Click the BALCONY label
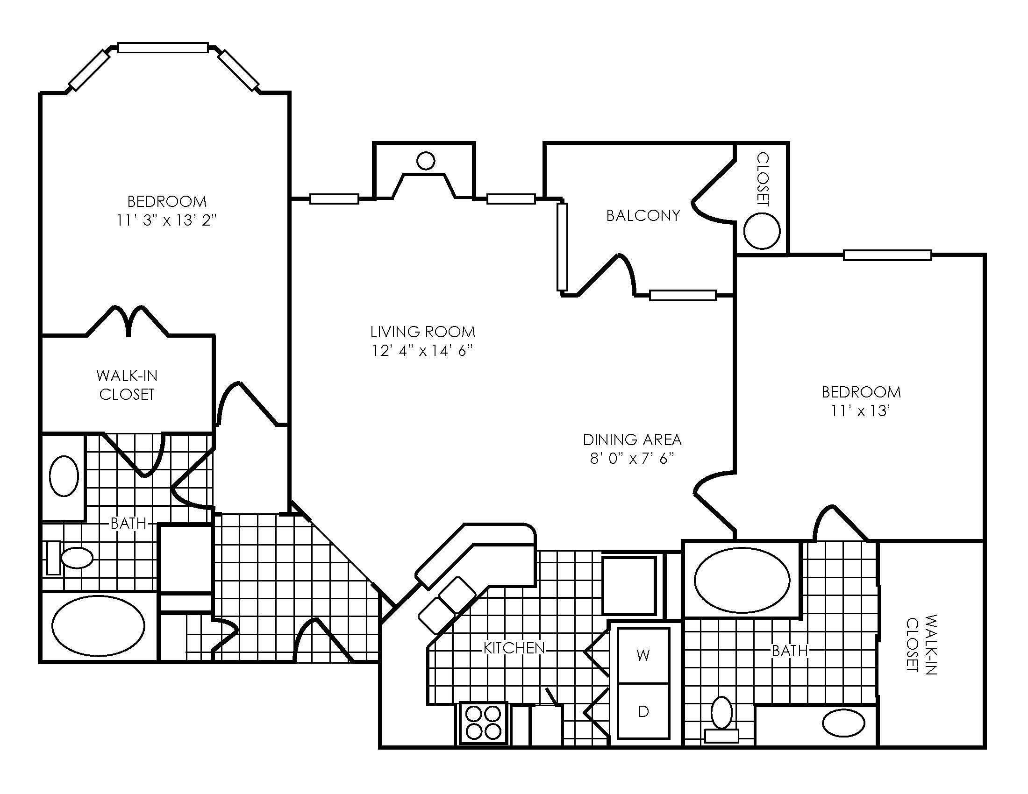click(642, 215)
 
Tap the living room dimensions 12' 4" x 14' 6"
click(422, 350)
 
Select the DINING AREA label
click(632, 440)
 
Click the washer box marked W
click(643, 655)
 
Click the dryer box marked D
click(643, 711)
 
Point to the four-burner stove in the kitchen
click(483, 723)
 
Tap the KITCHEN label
click(514, 648)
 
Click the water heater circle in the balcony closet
click(762, 231)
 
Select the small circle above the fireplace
click(426, 161)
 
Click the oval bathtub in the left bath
click(98, 625)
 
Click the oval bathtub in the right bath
click(742, 581)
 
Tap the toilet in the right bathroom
click(721, 718)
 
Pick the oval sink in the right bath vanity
click(843, 723)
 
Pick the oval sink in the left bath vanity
click(64, 475)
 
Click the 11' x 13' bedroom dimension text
click(860, 411)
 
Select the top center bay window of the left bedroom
click(163, 48)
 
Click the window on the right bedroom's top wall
click(887, 255)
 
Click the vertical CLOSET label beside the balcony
click(762, 179)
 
